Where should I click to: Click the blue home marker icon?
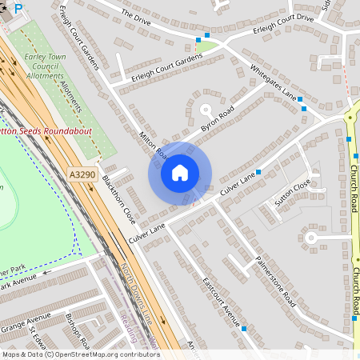(x=180, y=172)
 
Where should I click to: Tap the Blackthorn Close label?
(x=118, y=200)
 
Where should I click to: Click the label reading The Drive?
(x=136, y=14)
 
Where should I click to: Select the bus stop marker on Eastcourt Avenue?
(x=243, y=328)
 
